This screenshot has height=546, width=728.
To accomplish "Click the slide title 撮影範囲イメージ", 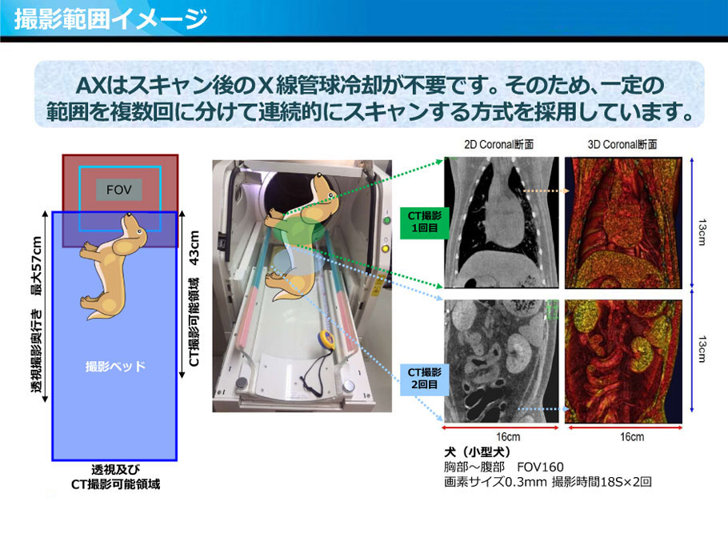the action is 110,19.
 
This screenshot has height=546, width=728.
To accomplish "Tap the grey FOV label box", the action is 119,190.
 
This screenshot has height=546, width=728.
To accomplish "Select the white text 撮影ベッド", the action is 115,366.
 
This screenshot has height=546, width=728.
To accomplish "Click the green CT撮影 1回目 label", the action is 424,222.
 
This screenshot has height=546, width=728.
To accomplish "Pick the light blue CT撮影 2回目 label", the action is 424,379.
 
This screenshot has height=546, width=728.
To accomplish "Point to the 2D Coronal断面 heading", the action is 498,145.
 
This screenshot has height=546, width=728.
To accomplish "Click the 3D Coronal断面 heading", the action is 622,145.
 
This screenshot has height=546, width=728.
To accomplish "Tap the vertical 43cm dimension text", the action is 194,247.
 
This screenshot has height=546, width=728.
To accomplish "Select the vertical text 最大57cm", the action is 36,266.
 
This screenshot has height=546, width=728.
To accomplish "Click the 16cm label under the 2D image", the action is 508,437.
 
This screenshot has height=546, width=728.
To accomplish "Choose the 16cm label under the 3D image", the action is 632,437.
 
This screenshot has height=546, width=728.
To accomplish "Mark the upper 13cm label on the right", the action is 702,232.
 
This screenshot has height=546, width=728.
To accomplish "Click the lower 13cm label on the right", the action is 702,349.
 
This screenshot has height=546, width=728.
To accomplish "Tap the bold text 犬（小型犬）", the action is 478,452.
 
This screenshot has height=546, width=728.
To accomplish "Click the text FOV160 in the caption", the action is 540,467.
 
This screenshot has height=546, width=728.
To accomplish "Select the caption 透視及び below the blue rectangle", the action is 115,469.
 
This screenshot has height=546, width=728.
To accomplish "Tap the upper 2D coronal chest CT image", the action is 502,223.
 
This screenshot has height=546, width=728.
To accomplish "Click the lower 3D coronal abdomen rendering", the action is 623,361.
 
